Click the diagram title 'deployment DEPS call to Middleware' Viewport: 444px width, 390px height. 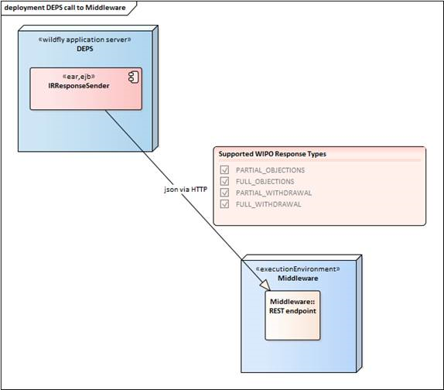65,8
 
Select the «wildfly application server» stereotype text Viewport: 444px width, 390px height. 84,39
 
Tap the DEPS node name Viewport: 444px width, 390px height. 85,49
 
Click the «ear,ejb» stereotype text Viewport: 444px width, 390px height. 78,77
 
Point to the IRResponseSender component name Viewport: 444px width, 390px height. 79,86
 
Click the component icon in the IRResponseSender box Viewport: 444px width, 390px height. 133,77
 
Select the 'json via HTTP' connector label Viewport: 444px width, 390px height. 186,189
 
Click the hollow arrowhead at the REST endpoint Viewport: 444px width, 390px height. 265,285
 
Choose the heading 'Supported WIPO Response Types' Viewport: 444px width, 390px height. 272,154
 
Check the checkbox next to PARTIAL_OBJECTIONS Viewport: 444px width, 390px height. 224,169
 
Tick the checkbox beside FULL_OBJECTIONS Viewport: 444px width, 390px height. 224,181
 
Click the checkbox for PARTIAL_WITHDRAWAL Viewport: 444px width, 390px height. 224,193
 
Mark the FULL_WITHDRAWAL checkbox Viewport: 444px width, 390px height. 224,204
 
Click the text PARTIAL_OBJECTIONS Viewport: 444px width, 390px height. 270,170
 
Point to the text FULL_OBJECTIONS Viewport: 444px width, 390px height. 265,182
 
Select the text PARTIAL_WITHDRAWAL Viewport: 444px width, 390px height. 274,193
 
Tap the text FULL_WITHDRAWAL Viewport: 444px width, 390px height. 268,204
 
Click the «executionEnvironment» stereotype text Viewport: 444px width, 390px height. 298,269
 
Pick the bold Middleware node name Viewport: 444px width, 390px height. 298,278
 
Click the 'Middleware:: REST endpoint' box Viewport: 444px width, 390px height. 292,315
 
